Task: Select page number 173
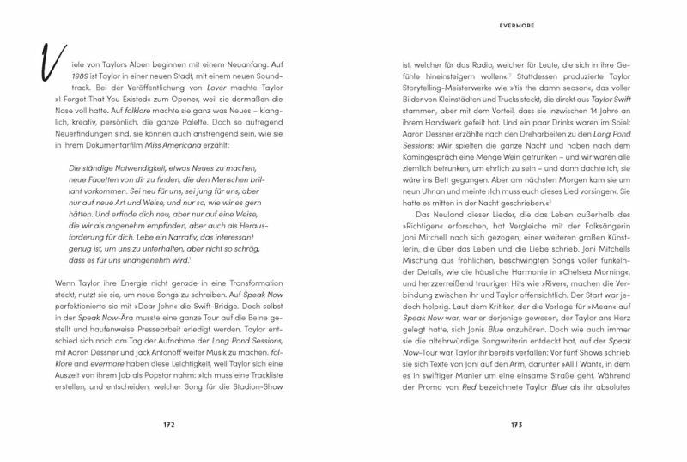516,424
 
